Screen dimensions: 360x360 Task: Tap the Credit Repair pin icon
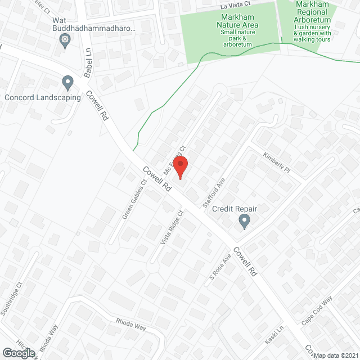pyautogui.click(x=244, y=222)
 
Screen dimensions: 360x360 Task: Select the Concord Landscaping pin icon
pyautogui.click(x=68, y=83)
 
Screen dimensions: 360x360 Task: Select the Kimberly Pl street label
pyautogui.click(x=276, y=162)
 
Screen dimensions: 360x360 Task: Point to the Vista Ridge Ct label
pyautogui.click(x=172, y=228)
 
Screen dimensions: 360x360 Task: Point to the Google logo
pyautogui.click(x=19, y=353)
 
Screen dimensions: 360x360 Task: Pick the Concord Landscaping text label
pyautogui.click(x=43, y=97)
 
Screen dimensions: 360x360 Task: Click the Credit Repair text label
pyautogui.click(x=235, y=209)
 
